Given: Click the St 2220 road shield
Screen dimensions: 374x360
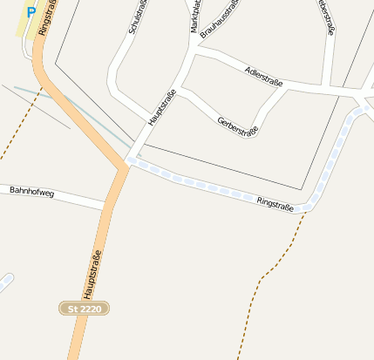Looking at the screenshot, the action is [x=85, y=308].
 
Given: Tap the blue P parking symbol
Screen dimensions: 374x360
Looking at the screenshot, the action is [x=32, y=13].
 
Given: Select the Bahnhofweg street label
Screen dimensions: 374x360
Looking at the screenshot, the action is [x=31, y=191].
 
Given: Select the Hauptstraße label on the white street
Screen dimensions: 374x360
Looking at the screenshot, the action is [x=162, y=107].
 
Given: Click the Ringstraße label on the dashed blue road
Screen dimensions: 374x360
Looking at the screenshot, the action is [x=275, y=202].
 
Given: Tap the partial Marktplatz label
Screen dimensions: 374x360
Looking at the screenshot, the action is [x=195, y=16].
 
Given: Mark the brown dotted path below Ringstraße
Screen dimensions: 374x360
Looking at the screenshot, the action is [x=262, y=279].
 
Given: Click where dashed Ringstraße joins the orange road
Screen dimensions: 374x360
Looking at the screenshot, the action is [x=127, y=161].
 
